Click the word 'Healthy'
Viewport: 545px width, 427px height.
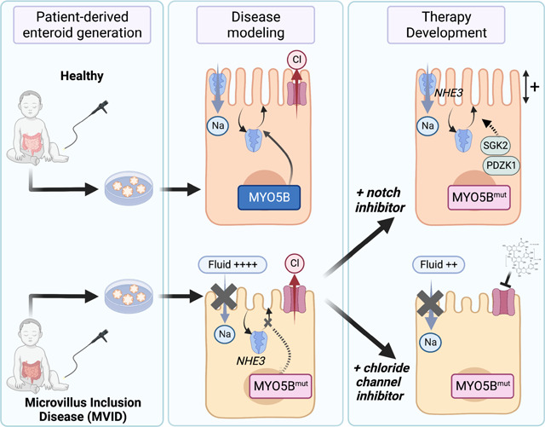(x=83, y=74)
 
